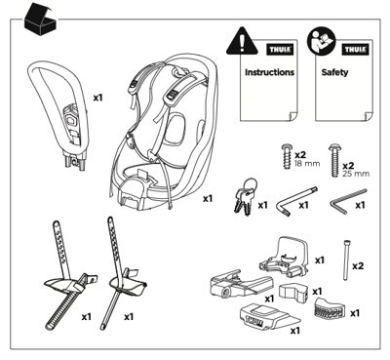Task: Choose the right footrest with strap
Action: pyautogui.click(x=124, y=278)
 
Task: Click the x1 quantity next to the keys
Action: pyautogui.click(x=262, y=206)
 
